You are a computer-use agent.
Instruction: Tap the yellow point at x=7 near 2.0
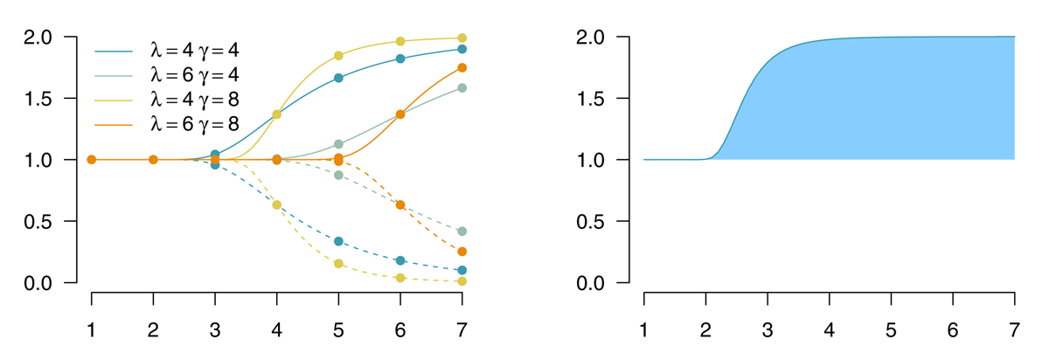[x=462, y=38]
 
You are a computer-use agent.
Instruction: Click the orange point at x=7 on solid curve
[x=462, y=67]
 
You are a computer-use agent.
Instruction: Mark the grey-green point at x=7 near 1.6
[x=462, y=87]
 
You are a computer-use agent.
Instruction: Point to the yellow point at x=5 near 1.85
[x=339, y=55]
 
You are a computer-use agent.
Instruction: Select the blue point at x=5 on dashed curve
[x=339, y=241]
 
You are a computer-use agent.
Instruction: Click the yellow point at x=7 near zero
[x=462, y=281]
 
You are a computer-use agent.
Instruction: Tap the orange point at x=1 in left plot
[x=92, y=160]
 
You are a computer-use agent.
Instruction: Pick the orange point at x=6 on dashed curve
[x=400, y=204]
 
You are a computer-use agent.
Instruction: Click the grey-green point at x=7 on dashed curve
[x=462, y=232]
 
